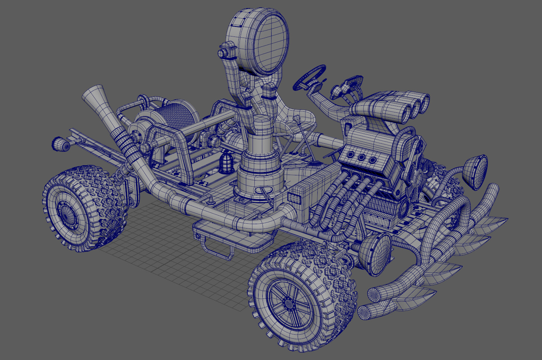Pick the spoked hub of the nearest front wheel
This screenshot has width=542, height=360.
click(x=288, y=303)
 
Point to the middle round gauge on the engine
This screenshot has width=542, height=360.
click(x=361, y=157)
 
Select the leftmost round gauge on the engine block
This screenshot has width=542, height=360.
click(x=350, y=153)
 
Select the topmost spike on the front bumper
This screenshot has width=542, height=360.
click(x=497, y=222)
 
